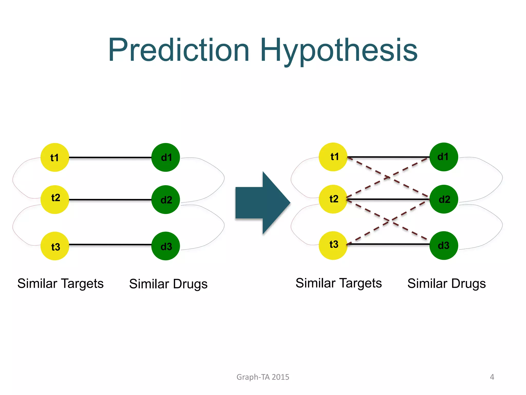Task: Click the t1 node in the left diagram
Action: (x=55, y=157)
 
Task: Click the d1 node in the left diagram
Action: (x=166, y=157)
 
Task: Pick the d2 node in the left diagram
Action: (x=166, y=200)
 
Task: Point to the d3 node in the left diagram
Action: (x=166, y=246)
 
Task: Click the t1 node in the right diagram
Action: (x=333, y=157)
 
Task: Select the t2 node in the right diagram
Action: (x=333, y=199)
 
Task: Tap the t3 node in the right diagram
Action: (x=333, y=245)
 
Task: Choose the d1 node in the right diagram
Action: (x=444, y=157)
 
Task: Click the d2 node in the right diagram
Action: (x=444, y=199)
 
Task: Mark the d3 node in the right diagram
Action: (x=444, y=245)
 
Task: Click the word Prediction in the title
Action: (x=179, y=50)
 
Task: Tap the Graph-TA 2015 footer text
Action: (x=263, y=377)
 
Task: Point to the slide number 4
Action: (x=492, y=377)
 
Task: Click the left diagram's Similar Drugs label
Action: (x=168, y=284)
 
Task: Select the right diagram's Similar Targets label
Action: (x=339, y=283)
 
